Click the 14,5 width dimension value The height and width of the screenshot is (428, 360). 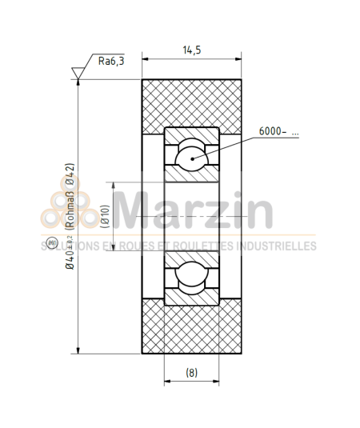(191, 50)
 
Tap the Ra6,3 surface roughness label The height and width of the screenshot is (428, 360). (111, 61)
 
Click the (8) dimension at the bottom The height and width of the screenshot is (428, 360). (191, 372)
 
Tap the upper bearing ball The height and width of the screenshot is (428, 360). (191, 154)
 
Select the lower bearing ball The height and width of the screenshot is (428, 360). (191, 277)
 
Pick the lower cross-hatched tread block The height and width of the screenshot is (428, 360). (191, 330)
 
